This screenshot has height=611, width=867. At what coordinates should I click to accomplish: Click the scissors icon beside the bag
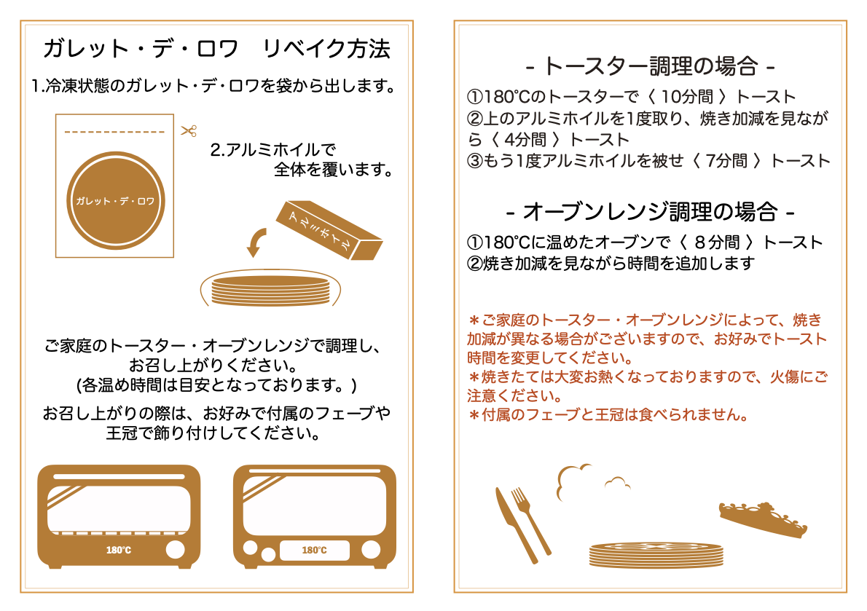click(x=189, y=131)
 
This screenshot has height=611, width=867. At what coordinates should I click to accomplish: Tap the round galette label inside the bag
click(x=116, y=200)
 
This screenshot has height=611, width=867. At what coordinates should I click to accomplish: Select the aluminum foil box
click(x=329, y=230)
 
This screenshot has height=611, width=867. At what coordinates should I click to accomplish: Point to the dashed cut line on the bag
click(x=114, y=132)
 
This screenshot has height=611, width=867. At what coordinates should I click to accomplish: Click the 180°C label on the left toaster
click(x=118, y=551)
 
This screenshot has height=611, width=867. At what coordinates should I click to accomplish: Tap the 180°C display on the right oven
click(x=314, y=551)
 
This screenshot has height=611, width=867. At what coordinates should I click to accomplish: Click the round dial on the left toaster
click(x=176, y=550)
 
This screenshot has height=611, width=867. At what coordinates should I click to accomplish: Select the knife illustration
click(x=515, y=525)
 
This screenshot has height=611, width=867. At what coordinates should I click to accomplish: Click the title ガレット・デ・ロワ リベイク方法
click(x=217, y=49)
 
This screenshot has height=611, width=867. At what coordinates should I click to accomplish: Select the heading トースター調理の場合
click(x=650, y=66)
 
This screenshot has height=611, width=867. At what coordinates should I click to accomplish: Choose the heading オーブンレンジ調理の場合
click(x=650, y=212)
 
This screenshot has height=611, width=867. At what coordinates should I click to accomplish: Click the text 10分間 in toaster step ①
click(x=687, y=97)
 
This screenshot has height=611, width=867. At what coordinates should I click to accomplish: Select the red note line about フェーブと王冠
click(x=608, y=414)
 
